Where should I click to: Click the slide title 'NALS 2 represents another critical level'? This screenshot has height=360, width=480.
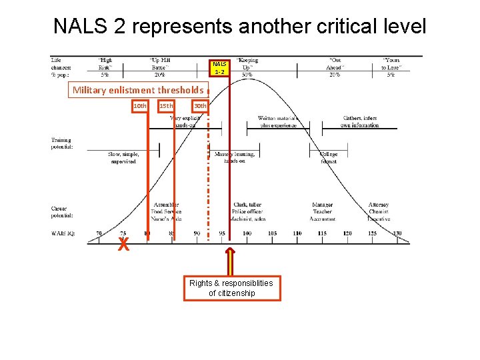239,26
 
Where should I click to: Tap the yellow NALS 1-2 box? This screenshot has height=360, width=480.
220,67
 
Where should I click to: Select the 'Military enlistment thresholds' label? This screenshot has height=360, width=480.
138,90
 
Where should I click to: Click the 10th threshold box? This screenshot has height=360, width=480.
140,106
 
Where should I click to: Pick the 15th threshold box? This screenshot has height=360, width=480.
166,106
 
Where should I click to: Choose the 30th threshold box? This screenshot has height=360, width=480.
199,106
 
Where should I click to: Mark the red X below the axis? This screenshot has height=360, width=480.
123,245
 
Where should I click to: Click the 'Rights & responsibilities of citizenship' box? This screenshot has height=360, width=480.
232,288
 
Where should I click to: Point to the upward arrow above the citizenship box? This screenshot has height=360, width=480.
231,261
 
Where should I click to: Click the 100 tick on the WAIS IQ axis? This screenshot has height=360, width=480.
247,233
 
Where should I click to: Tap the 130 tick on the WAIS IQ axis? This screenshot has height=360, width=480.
397,233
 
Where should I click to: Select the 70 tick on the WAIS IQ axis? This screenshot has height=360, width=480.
99,233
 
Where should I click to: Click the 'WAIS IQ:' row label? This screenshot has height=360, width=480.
64,233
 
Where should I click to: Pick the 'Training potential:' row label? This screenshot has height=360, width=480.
62,143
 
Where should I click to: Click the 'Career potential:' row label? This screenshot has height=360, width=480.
62,212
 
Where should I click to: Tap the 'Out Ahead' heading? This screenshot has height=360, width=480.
335,64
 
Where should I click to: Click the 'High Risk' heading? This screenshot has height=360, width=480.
105,64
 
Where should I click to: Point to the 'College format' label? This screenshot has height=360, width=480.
329,157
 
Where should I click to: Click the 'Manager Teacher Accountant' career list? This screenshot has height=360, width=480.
323,211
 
